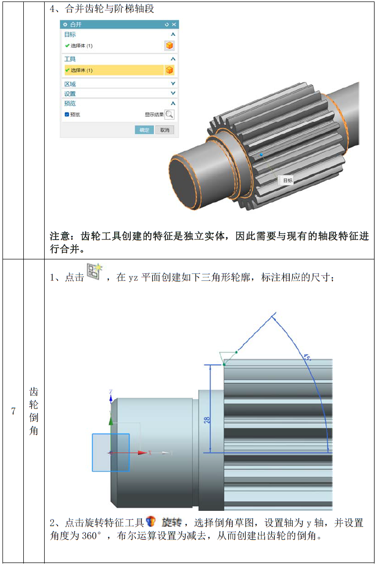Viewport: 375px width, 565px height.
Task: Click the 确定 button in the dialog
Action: pyautogui.click(x=144, y=130)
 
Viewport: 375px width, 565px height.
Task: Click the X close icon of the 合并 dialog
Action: pyautogui.click(x=174, y=24)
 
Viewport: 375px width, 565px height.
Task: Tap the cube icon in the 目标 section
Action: pyautogui.click(x=169, y=45)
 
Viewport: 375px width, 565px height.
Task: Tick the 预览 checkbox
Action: pyautogui.click(x=67, y=115)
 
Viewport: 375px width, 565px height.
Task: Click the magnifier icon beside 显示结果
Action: pyautogui.click(x=169, y=115)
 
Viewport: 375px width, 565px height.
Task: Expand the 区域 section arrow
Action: pyautogui.click(x=173, y=83)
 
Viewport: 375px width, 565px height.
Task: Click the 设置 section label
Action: pyautogui.click(x=70, y=94)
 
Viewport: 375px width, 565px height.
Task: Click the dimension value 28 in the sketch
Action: pyautogui.click(x=207, y=420)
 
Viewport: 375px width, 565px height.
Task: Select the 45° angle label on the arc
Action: pyautogui.click(x=307, y=357)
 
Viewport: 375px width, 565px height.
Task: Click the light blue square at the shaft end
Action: pyautogui.click(x=111, y=452)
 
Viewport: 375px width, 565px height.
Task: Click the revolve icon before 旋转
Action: pyautogui.click(x=151, y=521)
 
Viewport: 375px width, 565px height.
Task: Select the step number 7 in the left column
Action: pyautogui.click(x=13, y=411)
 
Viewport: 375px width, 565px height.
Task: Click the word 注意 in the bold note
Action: pyautogui.click(x=60, y=237)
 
